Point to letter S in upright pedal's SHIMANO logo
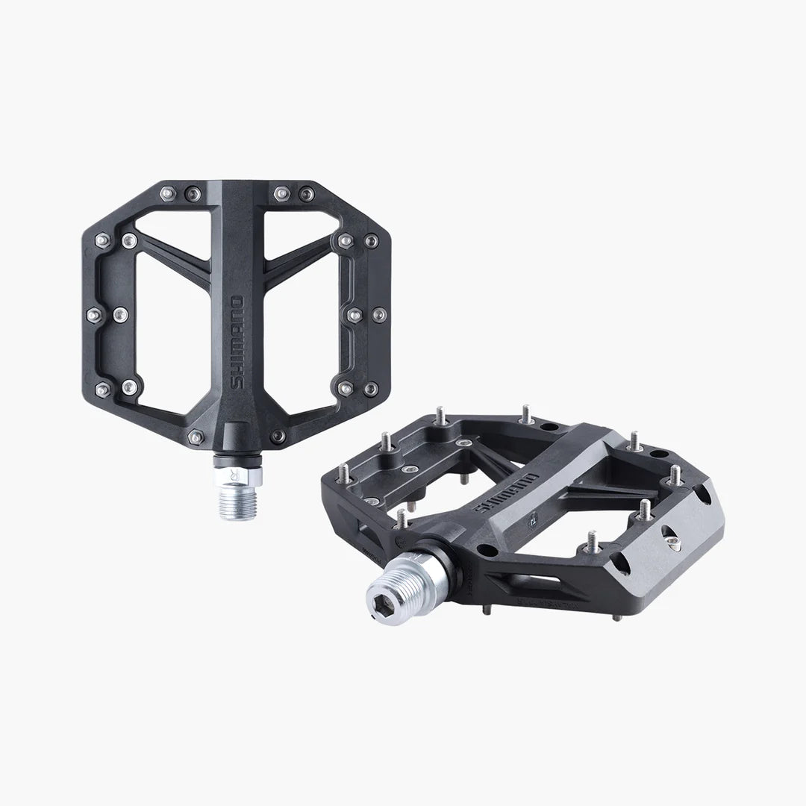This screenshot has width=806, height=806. coord(237,383)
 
